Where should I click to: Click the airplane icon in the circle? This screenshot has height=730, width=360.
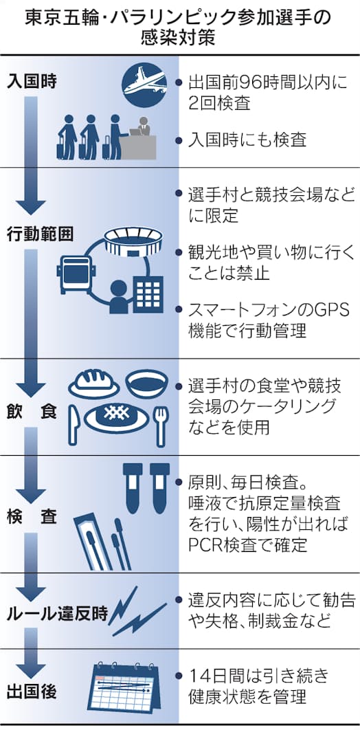144,85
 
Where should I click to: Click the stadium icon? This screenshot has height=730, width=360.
135,241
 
